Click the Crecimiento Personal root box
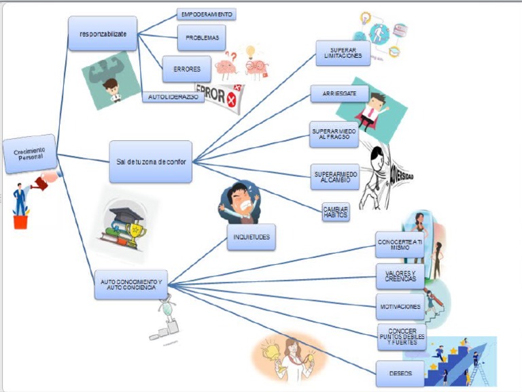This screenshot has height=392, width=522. (x=29, y=154)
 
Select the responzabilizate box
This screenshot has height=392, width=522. (x=103, y=33)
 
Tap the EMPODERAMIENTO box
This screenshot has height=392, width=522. (x=207, y=14)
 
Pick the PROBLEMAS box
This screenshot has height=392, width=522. (x=201, y=38)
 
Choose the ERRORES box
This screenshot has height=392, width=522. (x=181, y=69)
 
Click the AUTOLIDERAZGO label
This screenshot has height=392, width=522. (x=173, y=97)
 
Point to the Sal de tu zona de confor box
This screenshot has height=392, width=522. (x=150, y=161)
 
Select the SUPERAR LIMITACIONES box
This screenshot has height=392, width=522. (x=343, y=53)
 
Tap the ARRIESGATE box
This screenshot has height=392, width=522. (x=339, y=94)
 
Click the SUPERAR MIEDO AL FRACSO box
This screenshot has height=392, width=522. (x=334, y=135)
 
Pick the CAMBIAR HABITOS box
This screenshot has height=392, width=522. (x=336, y=212)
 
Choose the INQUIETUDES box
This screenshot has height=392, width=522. (x=251, y=237)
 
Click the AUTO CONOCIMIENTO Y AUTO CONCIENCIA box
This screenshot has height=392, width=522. (x=130, y=284)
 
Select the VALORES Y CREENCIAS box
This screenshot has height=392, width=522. (x=400, y=276)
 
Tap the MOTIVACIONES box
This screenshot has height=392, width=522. (x=400, y=306)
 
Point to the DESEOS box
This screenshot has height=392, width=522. (x=400, y=374)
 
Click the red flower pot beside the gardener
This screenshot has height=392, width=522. (x=20, y=221)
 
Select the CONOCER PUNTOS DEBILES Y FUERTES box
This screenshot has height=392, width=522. (x=402, y=337)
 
